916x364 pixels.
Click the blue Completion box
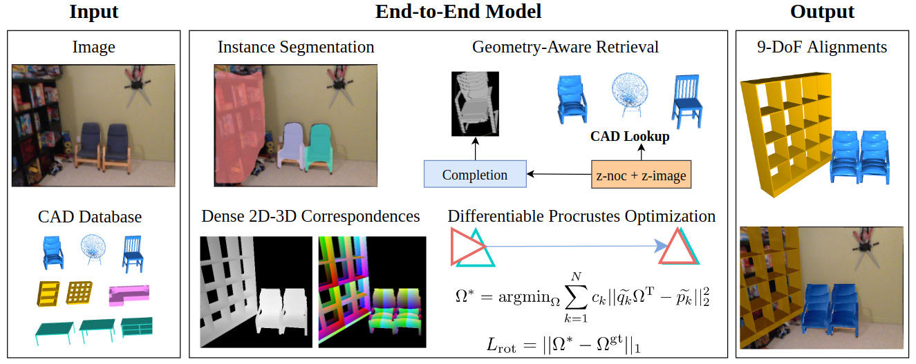(475, 174)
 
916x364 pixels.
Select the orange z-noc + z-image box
(642, 175)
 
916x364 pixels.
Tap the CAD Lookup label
(630, 136)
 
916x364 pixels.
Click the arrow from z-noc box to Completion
(559, 174)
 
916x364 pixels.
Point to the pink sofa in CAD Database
(129, 295)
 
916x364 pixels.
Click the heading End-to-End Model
(458, 12)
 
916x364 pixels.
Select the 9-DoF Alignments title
(822, 47)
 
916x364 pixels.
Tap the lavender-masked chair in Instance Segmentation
(291, 146)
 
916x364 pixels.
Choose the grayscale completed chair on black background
(475, 104)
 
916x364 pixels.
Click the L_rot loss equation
(563, 345)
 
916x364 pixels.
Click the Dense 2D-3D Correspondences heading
(310, 216)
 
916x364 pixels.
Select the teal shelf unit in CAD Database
(137, 327)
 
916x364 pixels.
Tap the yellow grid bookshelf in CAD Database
(80, 292)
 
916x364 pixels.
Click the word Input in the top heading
(93, 12)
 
